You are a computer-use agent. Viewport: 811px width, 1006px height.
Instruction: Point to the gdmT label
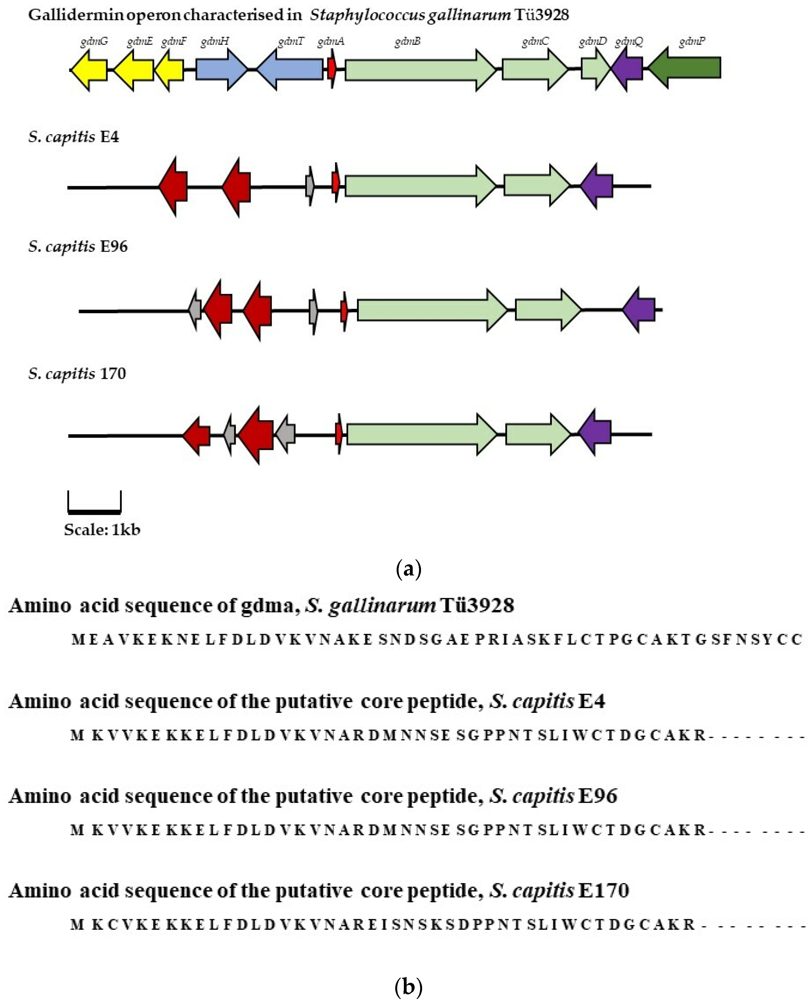tap(291, 41)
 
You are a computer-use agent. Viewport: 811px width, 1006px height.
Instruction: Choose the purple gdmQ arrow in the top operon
tap(628, 69)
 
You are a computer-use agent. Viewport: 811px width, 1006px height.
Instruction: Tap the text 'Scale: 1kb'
tap(102, 530)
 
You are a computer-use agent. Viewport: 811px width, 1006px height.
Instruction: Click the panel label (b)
tap(408, 987)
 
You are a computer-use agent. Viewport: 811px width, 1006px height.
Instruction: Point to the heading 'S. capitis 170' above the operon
tap(77, 374)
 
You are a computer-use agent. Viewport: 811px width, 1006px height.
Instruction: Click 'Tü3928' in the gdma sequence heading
tap(477, 606)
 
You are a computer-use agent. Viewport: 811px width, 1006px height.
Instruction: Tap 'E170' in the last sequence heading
tap(603, 891)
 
